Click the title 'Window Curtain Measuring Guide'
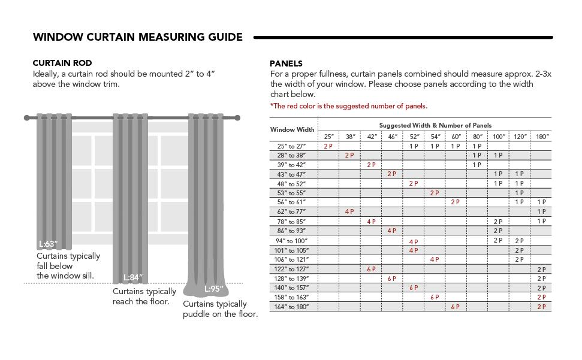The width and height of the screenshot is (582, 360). [138, 37]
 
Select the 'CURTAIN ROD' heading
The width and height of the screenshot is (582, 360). [62, 63]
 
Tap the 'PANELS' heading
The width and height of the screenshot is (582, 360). [286, 63]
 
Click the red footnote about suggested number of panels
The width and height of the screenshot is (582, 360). [348, 106]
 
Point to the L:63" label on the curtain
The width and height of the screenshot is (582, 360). [48, 244]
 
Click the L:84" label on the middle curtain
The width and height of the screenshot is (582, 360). [133, 277]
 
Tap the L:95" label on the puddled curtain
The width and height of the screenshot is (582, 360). [214, 289]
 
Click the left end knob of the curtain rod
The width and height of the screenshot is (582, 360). [26, 118]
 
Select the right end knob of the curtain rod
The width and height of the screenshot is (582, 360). [237, 118]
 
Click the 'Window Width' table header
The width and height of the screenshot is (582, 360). [292, 129]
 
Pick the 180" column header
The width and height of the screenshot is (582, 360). [541, 137]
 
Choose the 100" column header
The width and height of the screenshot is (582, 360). [498, 137]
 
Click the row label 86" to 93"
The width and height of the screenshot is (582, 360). [291, 231]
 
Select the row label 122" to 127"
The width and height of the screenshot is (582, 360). [291, 269]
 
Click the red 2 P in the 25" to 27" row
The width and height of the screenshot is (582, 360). [328, 146]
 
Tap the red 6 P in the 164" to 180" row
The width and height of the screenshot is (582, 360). [455, 307]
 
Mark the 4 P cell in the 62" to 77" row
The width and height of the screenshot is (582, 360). [349, 212]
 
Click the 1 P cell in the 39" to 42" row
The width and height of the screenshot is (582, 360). [477, 165]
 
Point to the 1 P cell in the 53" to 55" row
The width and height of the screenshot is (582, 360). [519, 193]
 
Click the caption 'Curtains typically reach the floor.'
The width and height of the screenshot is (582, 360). [144, 297]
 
